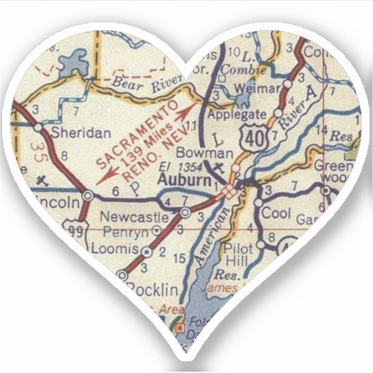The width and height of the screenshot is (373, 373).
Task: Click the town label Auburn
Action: [184, 181]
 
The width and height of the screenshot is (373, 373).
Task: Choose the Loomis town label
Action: [117, 248]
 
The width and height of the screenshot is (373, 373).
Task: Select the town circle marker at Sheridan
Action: [39, 128]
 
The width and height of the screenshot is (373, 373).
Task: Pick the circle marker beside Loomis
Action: [146, 251]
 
